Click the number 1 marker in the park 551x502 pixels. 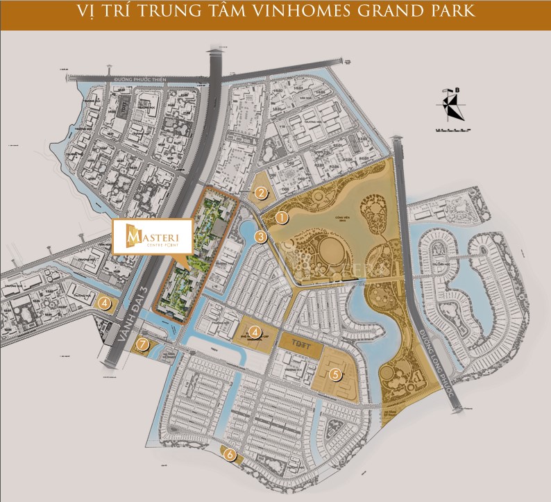pyautogui.click(x=281, y=217)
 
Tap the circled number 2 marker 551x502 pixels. pyautogui.click(x=261, y=194)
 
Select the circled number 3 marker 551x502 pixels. pyautogui.click(x=260, y=237)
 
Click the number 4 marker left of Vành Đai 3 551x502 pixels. pyautogui.click(x=104, y=302)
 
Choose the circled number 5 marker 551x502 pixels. pyautogui.click(x=336, y=374)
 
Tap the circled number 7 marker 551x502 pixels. pyautogui.click(x=143, y=344)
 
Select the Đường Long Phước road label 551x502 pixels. pyautogui.click(x=438, y=362)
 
